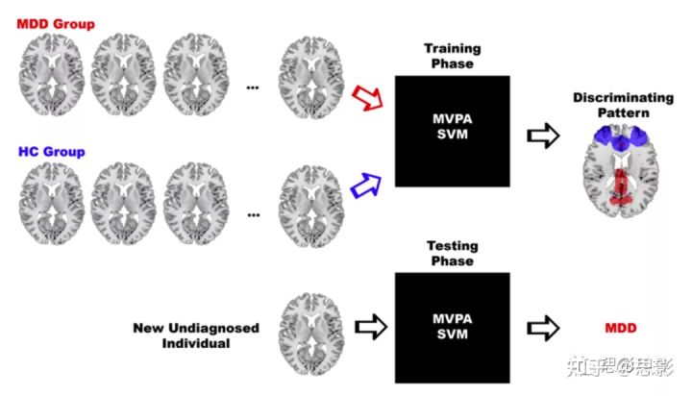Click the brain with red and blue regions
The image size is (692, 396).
[621, 170]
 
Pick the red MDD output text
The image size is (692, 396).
[621, 328]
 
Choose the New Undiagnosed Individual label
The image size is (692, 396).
[197, 335]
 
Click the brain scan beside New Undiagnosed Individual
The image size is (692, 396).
[309, 329]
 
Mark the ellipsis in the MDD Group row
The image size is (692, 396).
[253, 87]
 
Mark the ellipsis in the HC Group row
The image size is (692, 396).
[253, 214]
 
